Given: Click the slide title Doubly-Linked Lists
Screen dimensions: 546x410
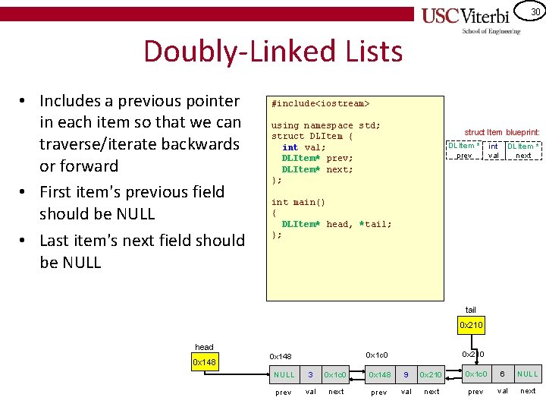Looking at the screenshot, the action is [272, 52].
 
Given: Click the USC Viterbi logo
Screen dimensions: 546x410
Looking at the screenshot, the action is [470, 18].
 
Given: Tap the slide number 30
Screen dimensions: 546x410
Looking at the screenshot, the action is [535, 11].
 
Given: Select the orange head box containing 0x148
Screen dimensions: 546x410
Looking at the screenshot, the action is [204, 362].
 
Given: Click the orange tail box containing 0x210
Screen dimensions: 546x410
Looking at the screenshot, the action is [471, 326].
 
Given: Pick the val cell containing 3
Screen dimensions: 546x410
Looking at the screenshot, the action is [310, 374].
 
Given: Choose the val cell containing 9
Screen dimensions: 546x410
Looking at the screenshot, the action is [406, 374].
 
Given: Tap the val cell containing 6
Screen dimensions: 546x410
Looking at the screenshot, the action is [502, 374].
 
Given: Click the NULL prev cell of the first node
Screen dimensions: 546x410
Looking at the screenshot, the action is [284, 374].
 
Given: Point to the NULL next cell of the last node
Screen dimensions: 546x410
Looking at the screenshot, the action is [528, 374].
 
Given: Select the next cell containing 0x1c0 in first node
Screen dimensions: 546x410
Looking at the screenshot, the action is [335, 374].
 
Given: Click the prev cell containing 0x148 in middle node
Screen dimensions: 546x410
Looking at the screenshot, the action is [379, 374].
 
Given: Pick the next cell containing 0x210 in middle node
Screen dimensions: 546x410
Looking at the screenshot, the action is [431, 374].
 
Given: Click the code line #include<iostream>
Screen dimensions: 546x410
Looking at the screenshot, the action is [320, 102].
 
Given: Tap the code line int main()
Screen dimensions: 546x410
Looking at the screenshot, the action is [298, 202].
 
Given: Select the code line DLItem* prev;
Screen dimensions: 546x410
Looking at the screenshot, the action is [317, 158].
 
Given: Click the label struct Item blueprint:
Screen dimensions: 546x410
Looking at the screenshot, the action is [501, 132].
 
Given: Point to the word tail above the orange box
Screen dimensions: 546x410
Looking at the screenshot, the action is [471, 310].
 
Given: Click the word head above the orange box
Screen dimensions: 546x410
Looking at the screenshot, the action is [204, 347].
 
